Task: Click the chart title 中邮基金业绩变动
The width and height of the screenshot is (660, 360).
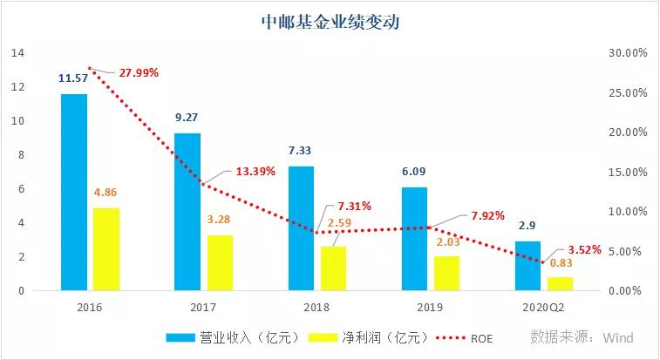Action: pyautogui.click(x=330, y=23)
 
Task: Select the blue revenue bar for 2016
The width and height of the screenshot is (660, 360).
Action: pyautogui.click(x=74, y=192)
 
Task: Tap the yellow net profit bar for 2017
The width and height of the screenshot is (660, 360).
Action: pyautogui.click(x=220, y=262)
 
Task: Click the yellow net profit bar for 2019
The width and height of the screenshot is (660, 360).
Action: pyautogui.click(x=446, y=273)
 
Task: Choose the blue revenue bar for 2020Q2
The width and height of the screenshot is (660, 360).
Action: pyautogui.click(x=527, y=266)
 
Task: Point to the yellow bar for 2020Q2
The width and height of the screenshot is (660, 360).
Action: pyautogui.click(x=561, y=283)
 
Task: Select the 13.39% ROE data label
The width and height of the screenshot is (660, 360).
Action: pyautogui.click(x=254, y=171)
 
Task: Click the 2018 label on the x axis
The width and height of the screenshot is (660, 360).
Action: pyautogui.click(x=317, y=308)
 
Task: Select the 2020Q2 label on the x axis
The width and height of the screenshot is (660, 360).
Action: pyautogui.click(x=544, y=308)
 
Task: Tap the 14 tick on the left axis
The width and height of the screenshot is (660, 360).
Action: pyautogui.click(x=16, y=53)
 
